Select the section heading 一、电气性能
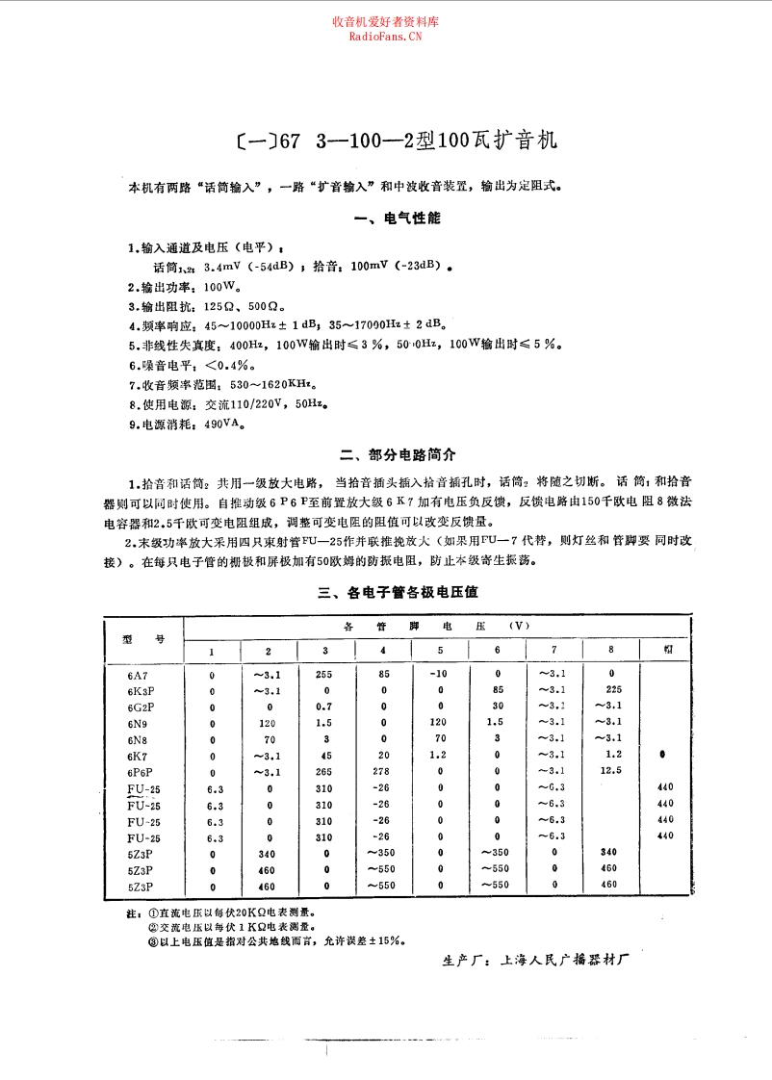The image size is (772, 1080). [x=398, y=219]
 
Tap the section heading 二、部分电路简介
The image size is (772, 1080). [x=398, y=454]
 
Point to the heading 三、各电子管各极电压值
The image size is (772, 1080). [x=398, y=593]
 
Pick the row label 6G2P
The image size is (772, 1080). [x=141, y=707]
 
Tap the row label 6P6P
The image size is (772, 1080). [x=141, y=771]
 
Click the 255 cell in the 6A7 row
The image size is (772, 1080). [x=323, y=675]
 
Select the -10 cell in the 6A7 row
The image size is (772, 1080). [x=440, y=674]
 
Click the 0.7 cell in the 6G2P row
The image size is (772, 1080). [x=323, y=707]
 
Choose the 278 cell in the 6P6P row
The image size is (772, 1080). [x=383, y=771]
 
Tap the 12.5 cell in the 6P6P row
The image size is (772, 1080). [x=610, y=771]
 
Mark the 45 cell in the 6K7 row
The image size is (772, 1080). [x=324, y=755]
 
